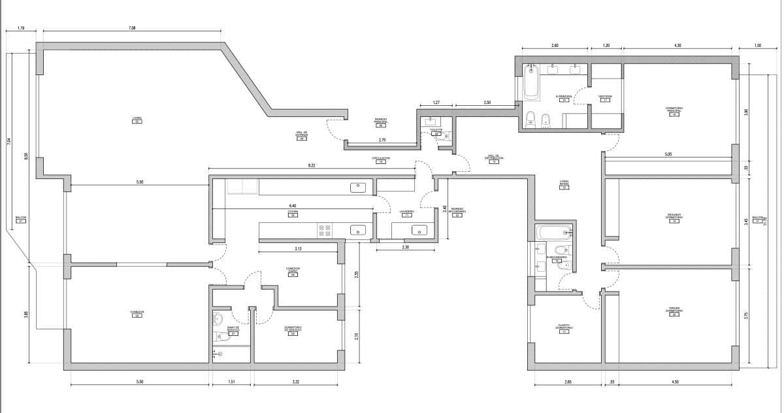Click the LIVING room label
click(x=137, y=118)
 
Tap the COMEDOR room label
click(x=137, y=312)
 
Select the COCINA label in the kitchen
click(x=293, y=212)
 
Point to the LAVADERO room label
click(x=407, y=212)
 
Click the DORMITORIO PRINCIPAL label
click(x=674, y=110)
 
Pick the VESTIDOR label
click(x=605, y=97)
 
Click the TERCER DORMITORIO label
click(x=674, y=311)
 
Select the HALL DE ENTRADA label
click(x=301, y=134)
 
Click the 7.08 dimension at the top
click(x=132, y=28)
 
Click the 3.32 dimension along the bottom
click(x=296, y=381)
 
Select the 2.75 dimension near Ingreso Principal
click(x=382, y=140)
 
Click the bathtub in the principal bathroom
click(x=531, y=84)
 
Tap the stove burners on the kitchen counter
click(x=324, y=230)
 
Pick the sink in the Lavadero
click(x=419, y=230)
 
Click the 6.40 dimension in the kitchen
click(x=293, y=205)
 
